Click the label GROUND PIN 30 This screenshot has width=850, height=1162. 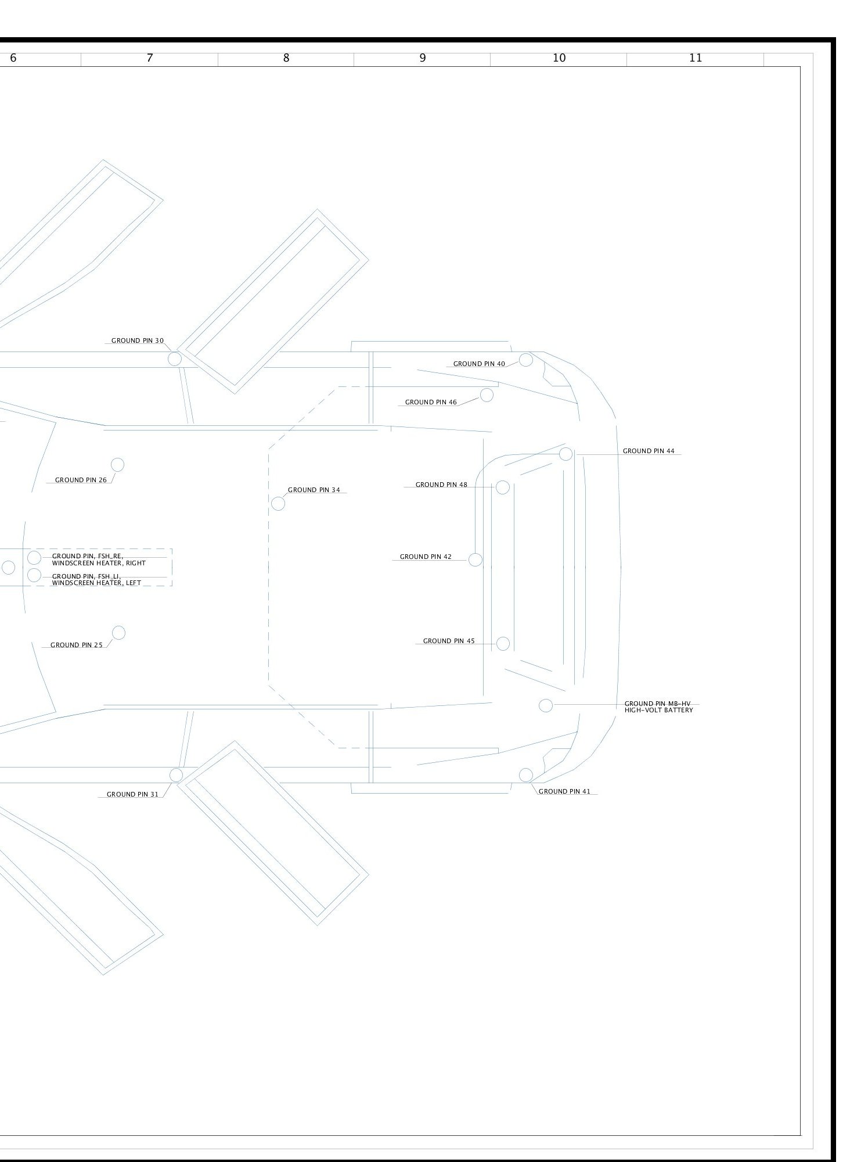[138, 340]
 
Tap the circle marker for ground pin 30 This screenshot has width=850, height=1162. [175, 359]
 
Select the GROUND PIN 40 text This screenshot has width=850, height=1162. [479, 364]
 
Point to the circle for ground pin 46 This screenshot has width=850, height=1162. [487, 395]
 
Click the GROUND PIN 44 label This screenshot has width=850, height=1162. [649, 451]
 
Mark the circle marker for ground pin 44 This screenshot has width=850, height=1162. [566, 454]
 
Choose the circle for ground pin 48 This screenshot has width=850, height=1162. [503, 487]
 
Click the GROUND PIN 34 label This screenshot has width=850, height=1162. [314, 490]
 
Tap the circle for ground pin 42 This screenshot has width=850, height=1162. [475, 560]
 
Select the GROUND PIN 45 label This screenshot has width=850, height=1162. [449, 641]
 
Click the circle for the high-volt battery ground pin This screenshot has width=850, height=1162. [546, 705]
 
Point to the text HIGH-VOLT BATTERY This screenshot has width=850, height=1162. [659, 710]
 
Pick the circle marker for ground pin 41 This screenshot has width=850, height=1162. [525, 774]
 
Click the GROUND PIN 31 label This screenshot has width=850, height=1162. [132, 794]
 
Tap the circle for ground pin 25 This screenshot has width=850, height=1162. [118, 633]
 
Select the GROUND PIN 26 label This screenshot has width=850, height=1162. [81, 480]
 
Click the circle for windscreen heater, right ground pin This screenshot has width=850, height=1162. [34, 558]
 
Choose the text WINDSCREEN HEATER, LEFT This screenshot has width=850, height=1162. [96, 583]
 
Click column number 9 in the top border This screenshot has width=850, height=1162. [423, 58]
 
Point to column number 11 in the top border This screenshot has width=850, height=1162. [696, 58]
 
